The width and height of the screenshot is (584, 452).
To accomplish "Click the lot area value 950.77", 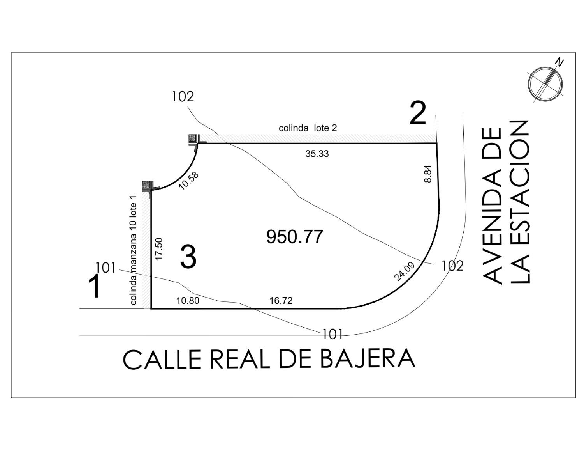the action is tap(294, 237).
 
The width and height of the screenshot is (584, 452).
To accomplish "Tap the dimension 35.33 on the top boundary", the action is tap(317, 154).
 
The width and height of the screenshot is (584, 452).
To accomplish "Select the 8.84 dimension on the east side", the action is tap(427, 174).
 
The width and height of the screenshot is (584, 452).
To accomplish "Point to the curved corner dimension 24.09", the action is tap(404, 272).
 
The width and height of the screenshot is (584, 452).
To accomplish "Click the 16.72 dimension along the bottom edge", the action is tap(281, 300).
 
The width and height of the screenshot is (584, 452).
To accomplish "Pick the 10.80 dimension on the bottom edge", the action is tap(188, 300).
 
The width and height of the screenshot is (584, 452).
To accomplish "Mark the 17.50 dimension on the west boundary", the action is tap(159, 248).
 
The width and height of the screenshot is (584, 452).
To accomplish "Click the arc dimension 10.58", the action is tap(189, 181).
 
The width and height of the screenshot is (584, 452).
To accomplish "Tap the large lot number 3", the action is tap(188, 257).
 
